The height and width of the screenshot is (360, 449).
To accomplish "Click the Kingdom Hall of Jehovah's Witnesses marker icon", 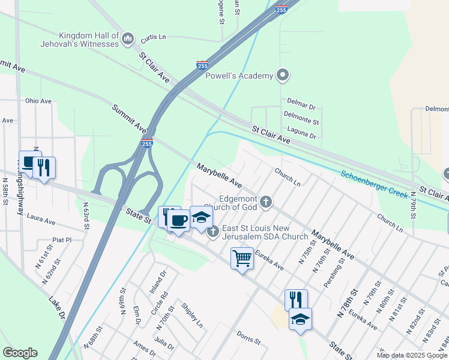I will pyautogui.click(x=127, y=40).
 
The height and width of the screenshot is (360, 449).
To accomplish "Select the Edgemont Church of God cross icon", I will pyautogui.click(x=265, y=202).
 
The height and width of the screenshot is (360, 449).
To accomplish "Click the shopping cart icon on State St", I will pyautogui.click(x=242, y=259).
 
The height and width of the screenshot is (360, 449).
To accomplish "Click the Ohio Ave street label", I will pyautogui.click(x=38, y=101).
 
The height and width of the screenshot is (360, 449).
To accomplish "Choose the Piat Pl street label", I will pyautogui.click(x=62, y=239).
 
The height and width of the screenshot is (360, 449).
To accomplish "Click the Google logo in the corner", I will pyautogui.click(x=20, y=353).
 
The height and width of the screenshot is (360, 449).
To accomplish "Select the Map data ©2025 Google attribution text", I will pyautogui.click(x=411, y=355).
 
